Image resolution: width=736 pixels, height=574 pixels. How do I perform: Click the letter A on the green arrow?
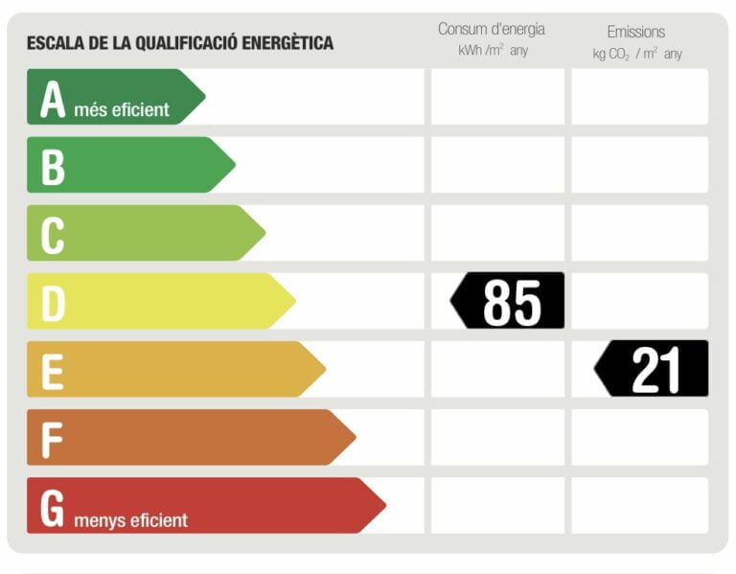[53, 99]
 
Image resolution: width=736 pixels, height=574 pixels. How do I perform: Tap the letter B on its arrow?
[53, 167]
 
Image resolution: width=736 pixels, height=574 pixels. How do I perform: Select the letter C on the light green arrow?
[53, 235]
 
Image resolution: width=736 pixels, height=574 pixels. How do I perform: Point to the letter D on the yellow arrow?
[53, 303]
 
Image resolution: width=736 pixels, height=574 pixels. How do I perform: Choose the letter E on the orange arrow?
[53, 371]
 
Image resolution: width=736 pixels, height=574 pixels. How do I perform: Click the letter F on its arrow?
[52, 439]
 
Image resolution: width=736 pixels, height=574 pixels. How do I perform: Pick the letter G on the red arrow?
[53, 507]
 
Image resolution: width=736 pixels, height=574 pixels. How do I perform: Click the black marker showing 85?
[509, 301]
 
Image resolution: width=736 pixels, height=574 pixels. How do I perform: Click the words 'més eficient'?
[121, 109]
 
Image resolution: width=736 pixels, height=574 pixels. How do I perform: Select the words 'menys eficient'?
[130, 520]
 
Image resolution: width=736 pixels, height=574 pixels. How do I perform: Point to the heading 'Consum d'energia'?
[491, 29]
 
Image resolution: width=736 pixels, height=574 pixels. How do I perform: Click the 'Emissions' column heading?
[635, 32]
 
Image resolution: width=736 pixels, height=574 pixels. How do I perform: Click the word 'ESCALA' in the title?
[53, 42]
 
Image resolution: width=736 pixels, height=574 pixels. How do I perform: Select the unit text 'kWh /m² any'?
[493, 51]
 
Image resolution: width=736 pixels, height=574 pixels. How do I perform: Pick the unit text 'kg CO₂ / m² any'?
[637, 54]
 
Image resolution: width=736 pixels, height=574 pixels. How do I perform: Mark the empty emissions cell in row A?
[639, 97]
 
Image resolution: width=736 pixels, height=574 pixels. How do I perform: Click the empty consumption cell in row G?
[497, 505]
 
